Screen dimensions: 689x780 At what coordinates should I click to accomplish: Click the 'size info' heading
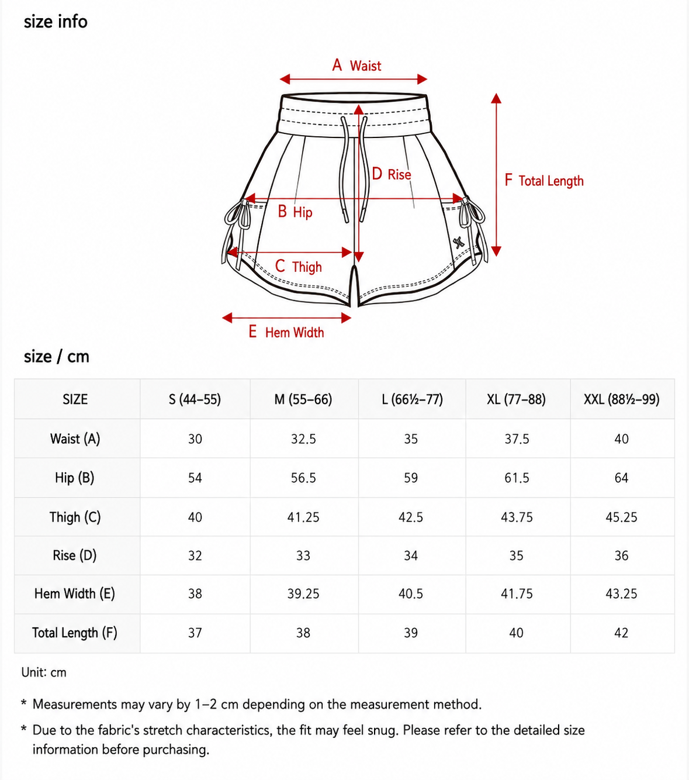(56, 22)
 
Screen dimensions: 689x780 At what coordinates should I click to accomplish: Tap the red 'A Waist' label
(356, 65)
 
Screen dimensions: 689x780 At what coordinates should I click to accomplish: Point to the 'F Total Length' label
(544, 181)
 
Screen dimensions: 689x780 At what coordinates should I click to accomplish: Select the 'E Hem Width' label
(286, 332)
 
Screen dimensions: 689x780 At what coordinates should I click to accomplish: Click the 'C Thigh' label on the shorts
(298, 267)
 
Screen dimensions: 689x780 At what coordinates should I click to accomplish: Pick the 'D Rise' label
(392, 174)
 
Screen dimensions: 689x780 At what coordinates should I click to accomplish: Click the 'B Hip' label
(295, 212)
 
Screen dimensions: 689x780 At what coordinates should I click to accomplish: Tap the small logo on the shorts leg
(458, 243)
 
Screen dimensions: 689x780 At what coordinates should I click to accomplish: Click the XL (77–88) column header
(516, 399)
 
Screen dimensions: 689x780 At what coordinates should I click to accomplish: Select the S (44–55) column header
(195, 399)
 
